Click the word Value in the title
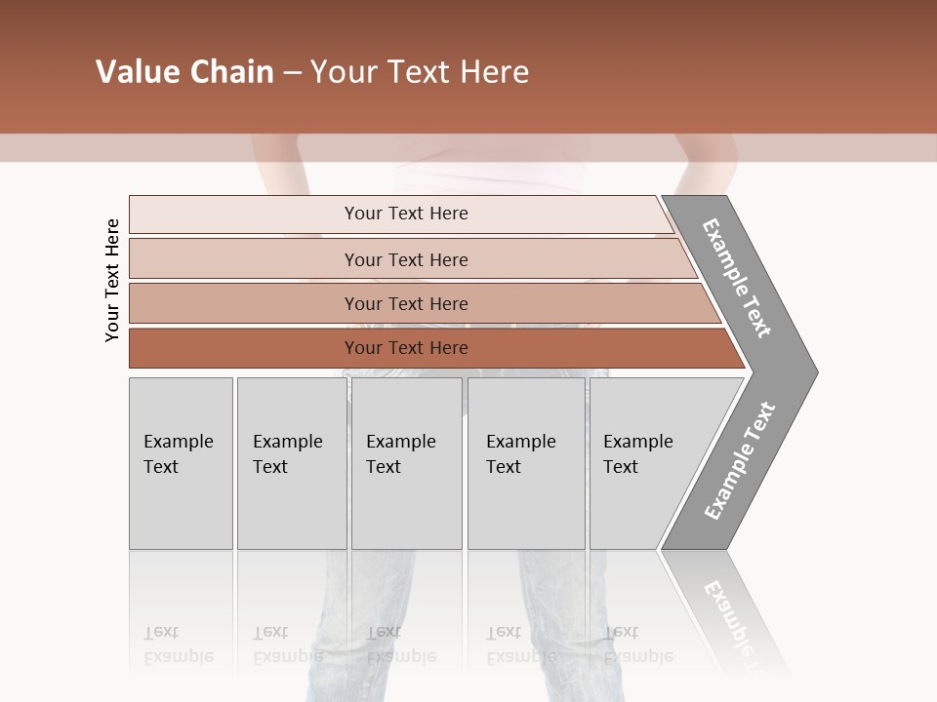click(x=136, y=72)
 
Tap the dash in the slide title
click(x=292, y=73)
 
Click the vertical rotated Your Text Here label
click(x=112, y=280)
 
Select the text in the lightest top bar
click(x=406, y=214)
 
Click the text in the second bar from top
click(x=406, y=259)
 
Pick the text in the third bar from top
click(x=406, y=303)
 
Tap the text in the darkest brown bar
click(x=406, y=348)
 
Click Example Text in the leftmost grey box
click(x=178, y=454)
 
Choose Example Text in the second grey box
click(x=287, y=454)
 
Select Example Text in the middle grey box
click(x=400, y=454)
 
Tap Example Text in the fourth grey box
click(x=520, y=454)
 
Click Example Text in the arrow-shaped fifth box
click(x=637, y=454)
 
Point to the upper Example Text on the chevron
click(x=737, y=278)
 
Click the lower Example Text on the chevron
click(x=739, y=461)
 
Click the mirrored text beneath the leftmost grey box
click(x=178, y=644)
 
